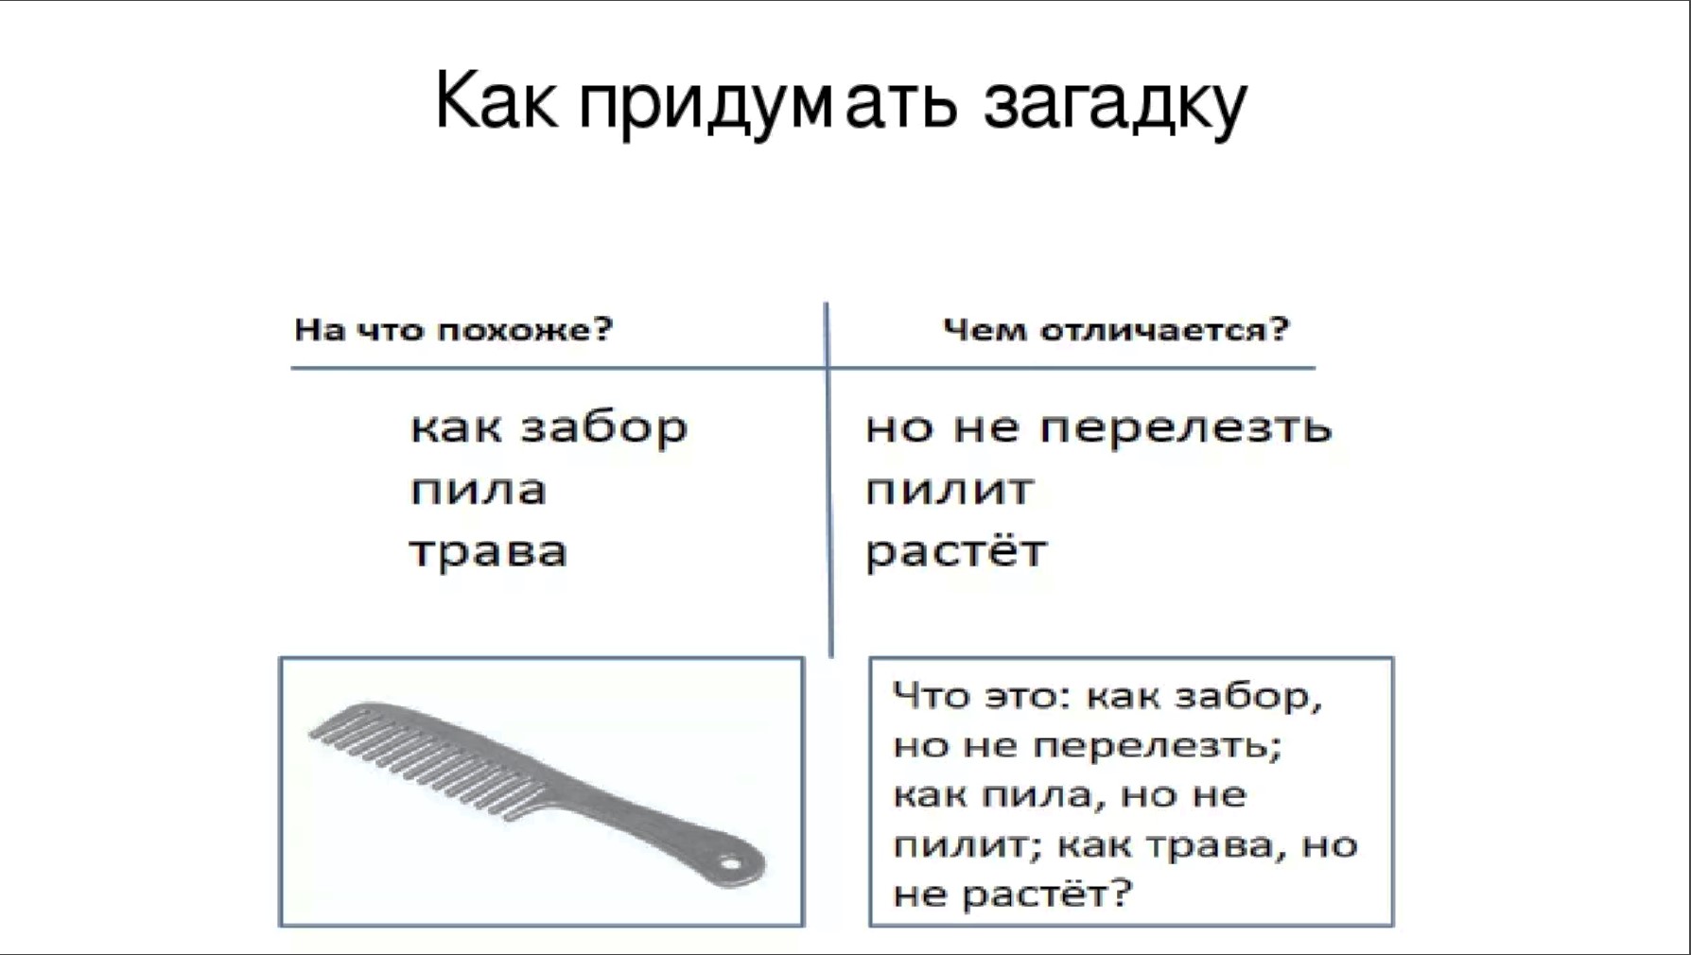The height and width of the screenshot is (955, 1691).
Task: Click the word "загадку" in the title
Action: [1115, 104]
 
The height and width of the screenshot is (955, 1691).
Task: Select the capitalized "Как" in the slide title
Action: [496, 99]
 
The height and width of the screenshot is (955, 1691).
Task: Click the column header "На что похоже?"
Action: [454, 330]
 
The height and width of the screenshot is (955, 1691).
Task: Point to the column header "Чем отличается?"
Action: [1116, 330]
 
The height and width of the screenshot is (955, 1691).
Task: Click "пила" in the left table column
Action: [479, 491]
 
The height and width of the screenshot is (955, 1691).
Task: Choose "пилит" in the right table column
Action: [950, 491]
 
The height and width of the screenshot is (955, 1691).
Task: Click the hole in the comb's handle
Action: [730, 862]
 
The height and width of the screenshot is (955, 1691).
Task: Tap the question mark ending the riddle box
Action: [1121, 892]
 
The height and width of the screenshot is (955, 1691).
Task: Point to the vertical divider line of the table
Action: [828, 479]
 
